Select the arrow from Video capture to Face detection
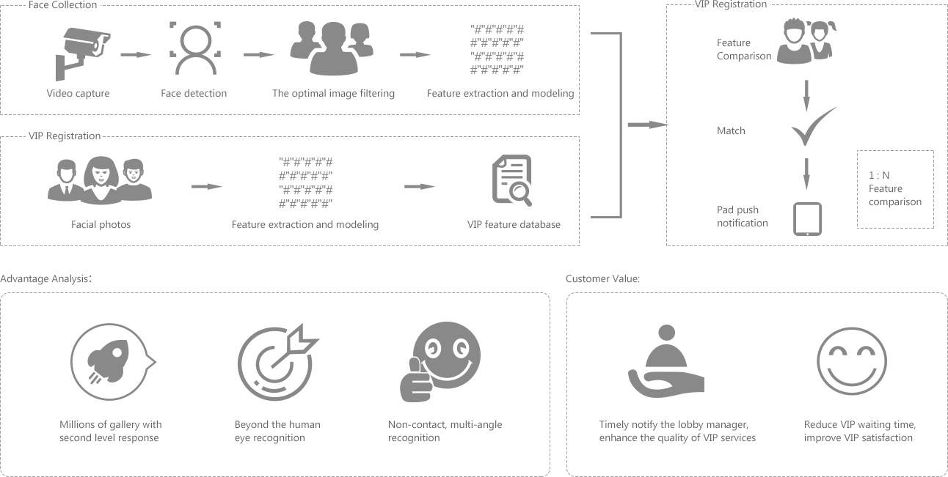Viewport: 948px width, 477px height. tap(136, 54)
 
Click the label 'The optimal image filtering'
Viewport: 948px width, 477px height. tap(333, 93)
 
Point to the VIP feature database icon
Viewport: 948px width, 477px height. tap(511, 180)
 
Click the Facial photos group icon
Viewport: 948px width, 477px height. tap(100, 180)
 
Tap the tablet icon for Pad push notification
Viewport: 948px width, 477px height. tap(808, 219)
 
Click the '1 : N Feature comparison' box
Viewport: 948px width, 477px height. tap(895, 189)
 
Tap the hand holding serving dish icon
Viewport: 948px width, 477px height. tap(666, 363)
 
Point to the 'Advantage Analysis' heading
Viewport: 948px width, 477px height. tap(45, 279)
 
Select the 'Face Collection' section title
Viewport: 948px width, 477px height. tap(63, 5)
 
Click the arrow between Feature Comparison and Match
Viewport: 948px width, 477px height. tap(806, 93)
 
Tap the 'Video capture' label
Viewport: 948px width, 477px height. tap(78, 93)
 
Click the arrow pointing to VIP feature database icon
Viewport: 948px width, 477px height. tap(419, 186)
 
